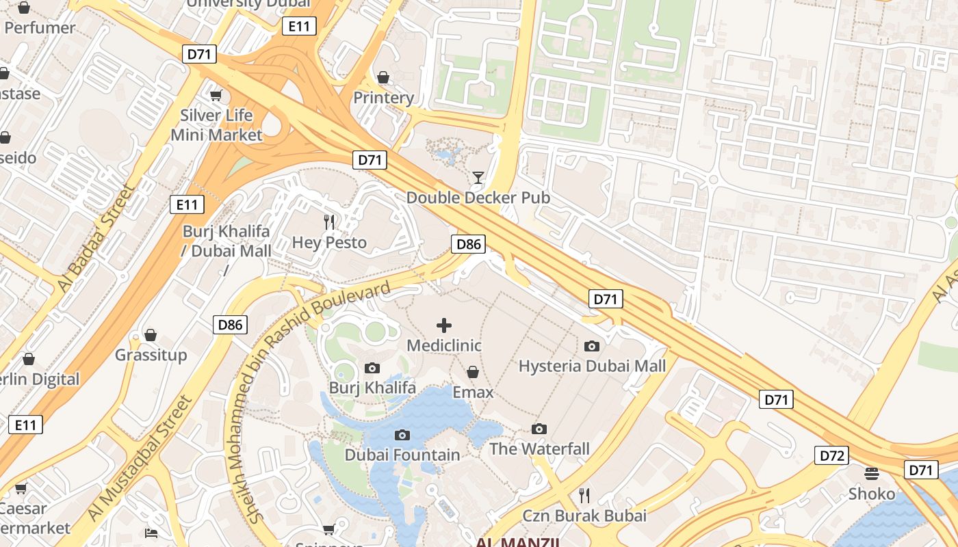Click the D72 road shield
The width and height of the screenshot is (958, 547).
point(831,455)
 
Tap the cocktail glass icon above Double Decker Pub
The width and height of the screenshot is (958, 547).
point(478,178)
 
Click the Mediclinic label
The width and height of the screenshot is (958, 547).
point(444,346)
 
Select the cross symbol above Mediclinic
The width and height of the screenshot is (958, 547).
point(444,325)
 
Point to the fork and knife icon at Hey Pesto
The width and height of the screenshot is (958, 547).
point(329,222)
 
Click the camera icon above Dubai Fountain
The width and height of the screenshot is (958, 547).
point(402,435)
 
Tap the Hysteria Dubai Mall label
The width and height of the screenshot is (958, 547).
point(592,366)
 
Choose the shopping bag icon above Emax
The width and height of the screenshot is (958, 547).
point(472,372)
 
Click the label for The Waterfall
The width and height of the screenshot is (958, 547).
point(539,449)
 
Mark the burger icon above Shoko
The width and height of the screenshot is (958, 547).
point(871,473)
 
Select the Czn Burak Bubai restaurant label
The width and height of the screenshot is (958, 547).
point(584,515)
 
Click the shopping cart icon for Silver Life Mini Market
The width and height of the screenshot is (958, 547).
point(216,95)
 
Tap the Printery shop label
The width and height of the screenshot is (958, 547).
point(383,98)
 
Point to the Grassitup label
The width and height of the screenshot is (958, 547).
point(151,355)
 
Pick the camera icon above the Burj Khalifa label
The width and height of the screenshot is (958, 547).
point(372,368)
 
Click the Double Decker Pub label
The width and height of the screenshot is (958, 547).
point(478,198)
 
